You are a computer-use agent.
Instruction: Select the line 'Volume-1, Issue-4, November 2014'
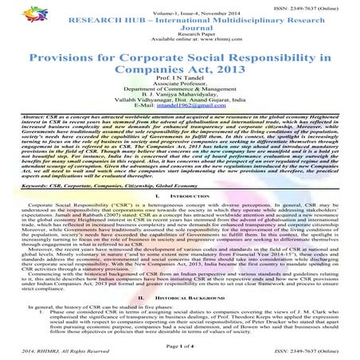point(179,12)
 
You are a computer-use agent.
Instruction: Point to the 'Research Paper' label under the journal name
point(179,38)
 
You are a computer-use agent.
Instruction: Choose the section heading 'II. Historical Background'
point(179,294)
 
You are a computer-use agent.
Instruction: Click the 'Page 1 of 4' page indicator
point(179,342)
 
